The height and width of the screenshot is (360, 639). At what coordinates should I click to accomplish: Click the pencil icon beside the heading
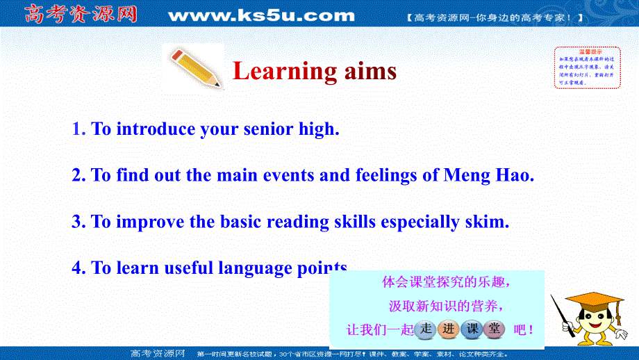point(195,67)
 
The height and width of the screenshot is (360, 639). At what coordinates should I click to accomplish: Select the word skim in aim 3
point(486,222)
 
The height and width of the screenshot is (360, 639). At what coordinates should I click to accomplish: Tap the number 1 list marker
point(78,129)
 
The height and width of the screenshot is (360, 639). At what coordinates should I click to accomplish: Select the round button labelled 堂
point(495,329)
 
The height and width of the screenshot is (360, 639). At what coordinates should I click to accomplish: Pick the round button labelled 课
point(472,329)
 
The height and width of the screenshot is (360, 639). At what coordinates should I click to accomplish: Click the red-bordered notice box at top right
point(586,67)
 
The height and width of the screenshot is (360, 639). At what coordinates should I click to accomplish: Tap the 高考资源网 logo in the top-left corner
point(74,14)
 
